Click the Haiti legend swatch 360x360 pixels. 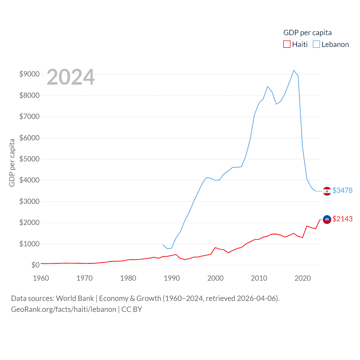click(x=287, y=44)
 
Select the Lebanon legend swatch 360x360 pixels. click(x=316, y=44)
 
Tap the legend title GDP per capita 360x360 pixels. click(x=307, y=33)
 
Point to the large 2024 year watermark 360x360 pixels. click(x=71, y=77)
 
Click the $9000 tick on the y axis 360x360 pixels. click(x=29, y=74)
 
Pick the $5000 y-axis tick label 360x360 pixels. click(x=29, y=159)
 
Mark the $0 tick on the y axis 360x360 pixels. click(x=35, y=265)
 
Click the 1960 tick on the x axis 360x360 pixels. click(x=41, y=278)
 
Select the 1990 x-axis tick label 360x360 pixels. click(x=172, y=278)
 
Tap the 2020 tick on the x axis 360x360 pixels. click(x=303, y=278)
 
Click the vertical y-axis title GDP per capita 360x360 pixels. click(x=12, y=163)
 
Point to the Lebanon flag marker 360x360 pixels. click(x=327, y=191)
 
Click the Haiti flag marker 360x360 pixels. click(x=327, y=219)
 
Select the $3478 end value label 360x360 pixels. click(x=342, y=190)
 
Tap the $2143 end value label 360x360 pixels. click(x=342, y=219)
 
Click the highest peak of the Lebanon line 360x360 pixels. click(x=294, y=70)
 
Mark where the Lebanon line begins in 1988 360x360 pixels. click(x=163, y=245)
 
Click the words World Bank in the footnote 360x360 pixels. click(x=75, y=298)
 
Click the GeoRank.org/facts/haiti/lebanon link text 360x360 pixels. click(x=64, y=309)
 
